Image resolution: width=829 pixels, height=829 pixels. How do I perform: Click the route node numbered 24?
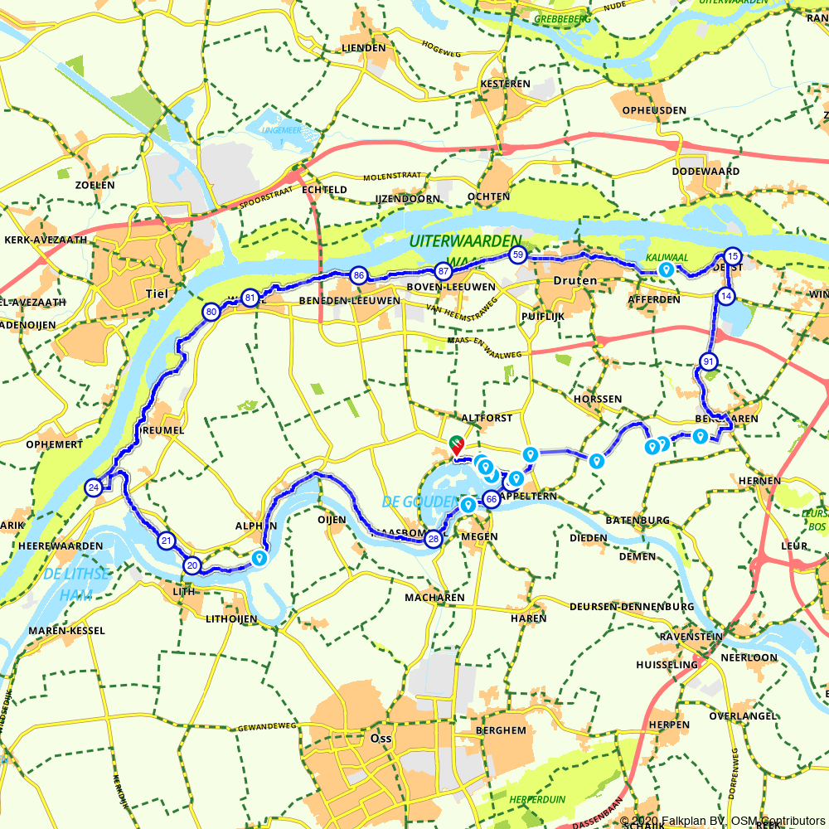point(94,487)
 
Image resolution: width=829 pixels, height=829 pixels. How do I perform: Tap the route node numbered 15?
point(731,255)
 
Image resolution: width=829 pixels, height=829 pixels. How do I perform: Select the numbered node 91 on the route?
point(708,361)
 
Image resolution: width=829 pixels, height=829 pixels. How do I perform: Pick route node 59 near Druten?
point(518,255)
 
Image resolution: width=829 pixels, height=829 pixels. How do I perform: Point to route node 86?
point(358,275)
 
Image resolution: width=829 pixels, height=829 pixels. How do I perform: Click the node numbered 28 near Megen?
point(433,540)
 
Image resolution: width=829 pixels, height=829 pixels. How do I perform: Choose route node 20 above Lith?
point(192,566)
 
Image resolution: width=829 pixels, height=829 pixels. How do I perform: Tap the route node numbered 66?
point(491,499)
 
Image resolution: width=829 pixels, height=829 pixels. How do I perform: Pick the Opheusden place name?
point(654,110)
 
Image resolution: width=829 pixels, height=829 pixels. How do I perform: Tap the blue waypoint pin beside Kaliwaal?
point(666,269)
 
